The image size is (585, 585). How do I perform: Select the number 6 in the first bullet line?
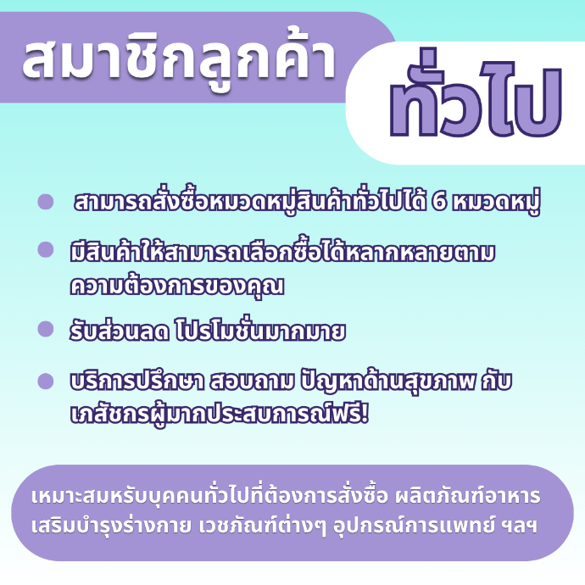click(x=439, y=203)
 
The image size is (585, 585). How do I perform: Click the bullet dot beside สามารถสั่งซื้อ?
click(x=46, y=202)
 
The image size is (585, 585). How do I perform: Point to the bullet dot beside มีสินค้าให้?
click(x=46, y=249)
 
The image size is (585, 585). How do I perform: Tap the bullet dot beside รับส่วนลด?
click(x=46, y=329)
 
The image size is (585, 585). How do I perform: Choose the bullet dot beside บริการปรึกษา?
click(x=46, y=382)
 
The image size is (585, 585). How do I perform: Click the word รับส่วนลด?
click(x=119, y=331)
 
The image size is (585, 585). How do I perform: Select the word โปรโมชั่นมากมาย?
click(x=260, y=331)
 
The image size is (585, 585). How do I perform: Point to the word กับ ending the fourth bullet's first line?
click(x=497, y=382)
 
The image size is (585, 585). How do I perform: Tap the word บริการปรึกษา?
click(x=136, y=382)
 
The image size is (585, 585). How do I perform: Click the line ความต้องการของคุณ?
click(x=177, y=287)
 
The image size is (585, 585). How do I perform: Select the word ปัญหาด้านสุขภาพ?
click(x=388, y=382)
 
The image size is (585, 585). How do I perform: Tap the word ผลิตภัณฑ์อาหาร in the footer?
click(x=467, y=495)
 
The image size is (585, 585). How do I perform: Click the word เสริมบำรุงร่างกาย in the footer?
click(x=111, y=526)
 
